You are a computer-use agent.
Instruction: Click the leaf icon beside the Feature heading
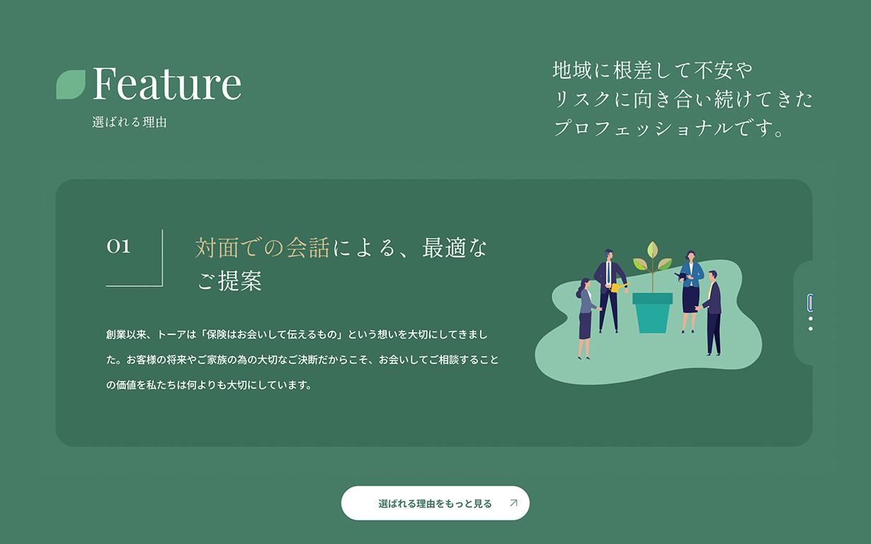[x=71, y=84]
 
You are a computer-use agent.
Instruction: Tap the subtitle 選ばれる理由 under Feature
[x=130, y=122]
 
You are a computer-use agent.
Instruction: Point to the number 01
[x=118, y=246]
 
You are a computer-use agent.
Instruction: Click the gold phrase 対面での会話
[x=263, y=248]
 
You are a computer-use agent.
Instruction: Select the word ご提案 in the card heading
[x=229, y=280]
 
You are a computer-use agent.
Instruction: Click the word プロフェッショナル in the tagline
[x=644, y=128]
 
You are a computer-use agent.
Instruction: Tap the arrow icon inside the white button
[x=513, y=503]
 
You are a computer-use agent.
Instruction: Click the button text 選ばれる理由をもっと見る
[x=435, y=504]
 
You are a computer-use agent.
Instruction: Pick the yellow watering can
[x=619, y=288]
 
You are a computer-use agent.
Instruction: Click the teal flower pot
[x=652, y=313]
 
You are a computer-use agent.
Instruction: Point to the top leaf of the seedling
[x=652, y=249]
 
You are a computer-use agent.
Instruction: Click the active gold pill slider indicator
[x=810, y=302]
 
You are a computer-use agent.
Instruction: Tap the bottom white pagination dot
[x=810, y=329]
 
